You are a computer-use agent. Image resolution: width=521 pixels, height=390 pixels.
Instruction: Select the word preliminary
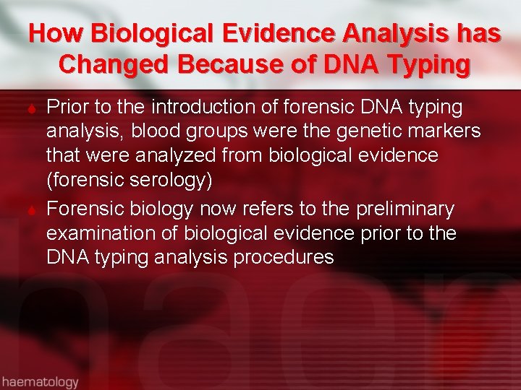tap(404, 209)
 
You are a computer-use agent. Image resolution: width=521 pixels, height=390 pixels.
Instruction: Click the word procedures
tap(284, 258)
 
